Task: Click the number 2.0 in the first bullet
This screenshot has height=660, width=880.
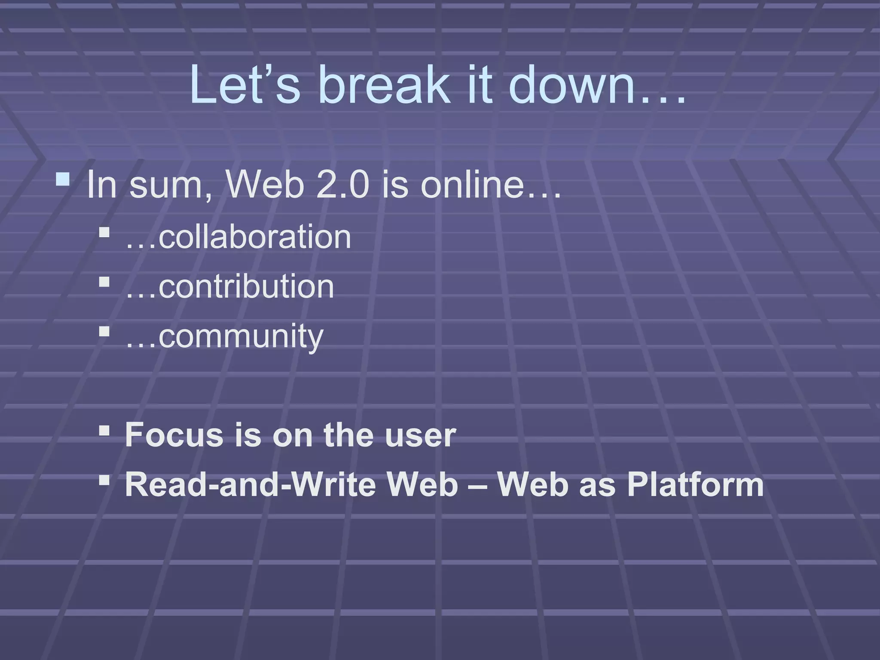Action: (x=342, y=185)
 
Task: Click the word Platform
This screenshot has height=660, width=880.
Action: (x=695, y=485)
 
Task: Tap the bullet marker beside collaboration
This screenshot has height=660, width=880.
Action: (x=104, y=233)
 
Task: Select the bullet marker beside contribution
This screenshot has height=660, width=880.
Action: (x=104, y=282)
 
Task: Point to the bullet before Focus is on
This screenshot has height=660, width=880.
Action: (x=104, y=430)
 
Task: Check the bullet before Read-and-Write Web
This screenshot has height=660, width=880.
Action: (x=104, y=480)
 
